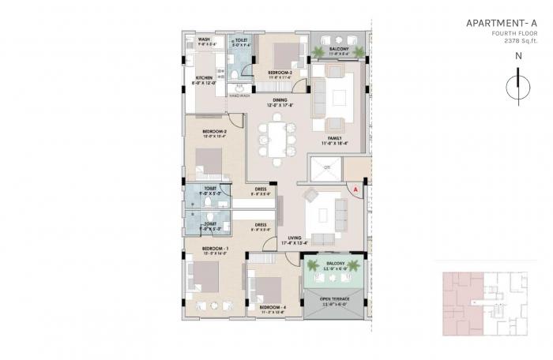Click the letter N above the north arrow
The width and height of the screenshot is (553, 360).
click(517, 56)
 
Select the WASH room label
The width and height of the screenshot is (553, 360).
click(204, 39)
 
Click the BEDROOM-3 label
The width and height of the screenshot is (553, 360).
click(280, 73)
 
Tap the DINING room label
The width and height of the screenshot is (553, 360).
click(280, 100)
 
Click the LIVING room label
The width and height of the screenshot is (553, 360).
click(294, 238)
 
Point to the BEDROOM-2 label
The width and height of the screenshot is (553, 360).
click(214, 131)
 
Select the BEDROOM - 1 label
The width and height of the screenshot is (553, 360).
click(214, 250)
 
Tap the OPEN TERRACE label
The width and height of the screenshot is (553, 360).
click(336, 299)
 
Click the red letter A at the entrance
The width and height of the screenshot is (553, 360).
click(355, 190)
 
